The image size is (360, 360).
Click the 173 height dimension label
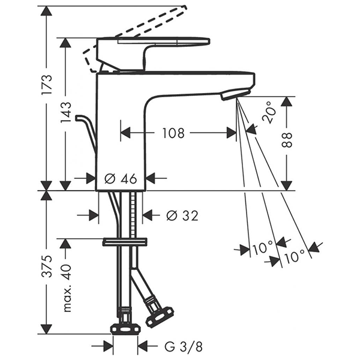47,85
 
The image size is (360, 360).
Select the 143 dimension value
65,113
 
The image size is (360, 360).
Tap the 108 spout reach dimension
173,133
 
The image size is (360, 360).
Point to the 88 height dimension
287,140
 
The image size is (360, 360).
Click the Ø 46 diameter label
121,179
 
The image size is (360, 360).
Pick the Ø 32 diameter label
182,215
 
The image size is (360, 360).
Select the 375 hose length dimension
47,266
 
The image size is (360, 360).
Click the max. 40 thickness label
66,289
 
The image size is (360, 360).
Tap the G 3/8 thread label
184,346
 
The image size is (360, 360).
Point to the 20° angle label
269,113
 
